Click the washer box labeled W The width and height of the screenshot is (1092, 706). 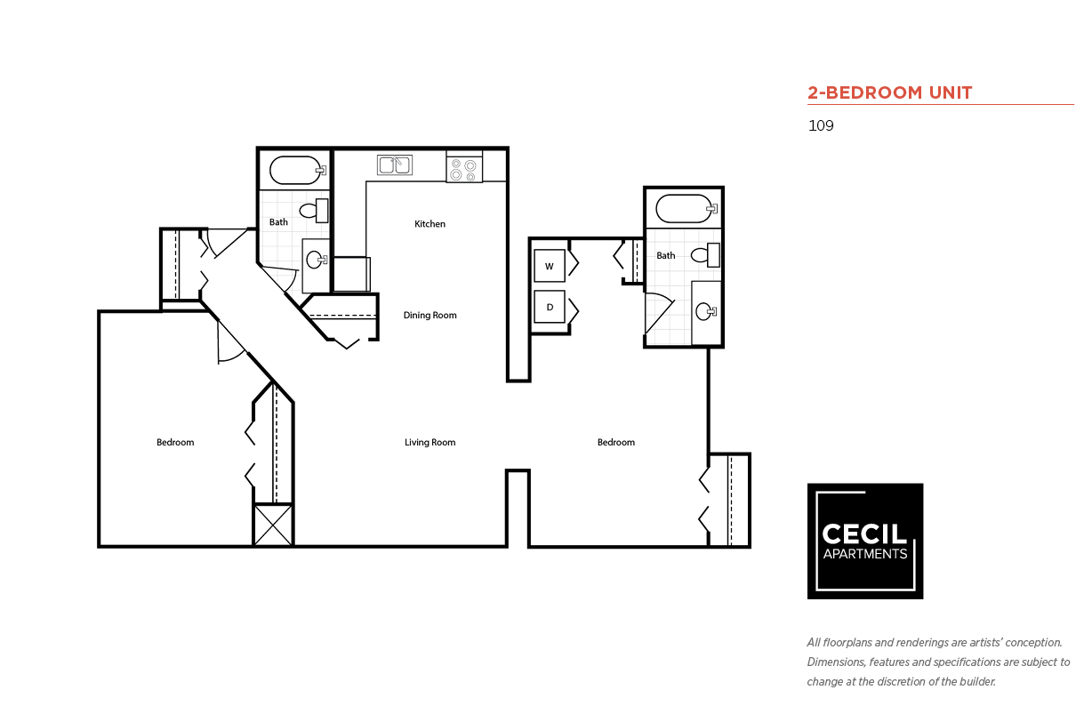(x=549, y=266)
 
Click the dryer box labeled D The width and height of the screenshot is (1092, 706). (x=549, y=307)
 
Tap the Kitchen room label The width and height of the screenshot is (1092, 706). (x=430, y=224)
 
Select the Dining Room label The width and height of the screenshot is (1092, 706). (x=430, y=316)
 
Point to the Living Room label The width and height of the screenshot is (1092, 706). (x=430, y=443)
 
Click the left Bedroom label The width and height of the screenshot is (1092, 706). (x=175, y=443)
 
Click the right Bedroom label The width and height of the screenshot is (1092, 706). (x=616, y=443)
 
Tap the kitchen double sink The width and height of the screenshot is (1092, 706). (x=395, y=164)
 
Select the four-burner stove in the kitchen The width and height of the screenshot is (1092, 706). (x=464, y=168)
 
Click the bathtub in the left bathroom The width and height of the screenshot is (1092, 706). (x=296, y=170)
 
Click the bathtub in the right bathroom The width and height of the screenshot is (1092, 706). (x=684, y=209)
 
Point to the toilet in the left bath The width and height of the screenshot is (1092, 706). (x=313, y=211)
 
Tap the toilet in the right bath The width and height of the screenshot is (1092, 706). (x=704, y=255)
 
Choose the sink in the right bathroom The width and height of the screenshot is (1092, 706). (x=706, y=311)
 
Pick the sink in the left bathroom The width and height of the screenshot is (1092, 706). (x=316, y=261)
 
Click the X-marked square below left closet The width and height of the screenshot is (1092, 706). (x=273, y=525)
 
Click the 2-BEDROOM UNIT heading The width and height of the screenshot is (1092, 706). (x=889, y=92)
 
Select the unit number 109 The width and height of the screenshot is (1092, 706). (x=821, y=125)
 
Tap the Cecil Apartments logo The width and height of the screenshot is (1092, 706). (x=864, y=541)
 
